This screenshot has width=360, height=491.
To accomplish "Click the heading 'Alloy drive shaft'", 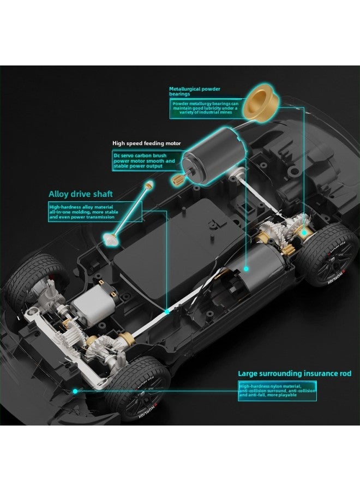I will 81,194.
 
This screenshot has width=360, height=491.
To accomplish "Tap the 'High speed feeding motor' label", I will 146,143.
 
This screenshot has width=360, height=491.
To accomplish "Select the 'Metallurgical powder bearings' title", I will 194,91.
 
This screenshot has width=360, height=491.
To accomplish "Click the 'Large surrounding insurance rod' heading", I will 295,374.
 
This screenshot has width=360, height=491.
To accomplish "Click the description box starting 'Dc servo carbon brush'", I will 145,161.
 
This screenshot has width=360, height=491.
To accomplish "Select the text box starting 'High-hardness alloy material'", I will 94,212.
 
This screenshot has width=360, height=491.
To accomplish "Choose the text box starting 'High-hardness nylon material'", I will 277,390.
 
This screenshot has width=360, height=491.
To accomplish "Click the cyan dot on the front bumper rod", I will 74,391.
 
